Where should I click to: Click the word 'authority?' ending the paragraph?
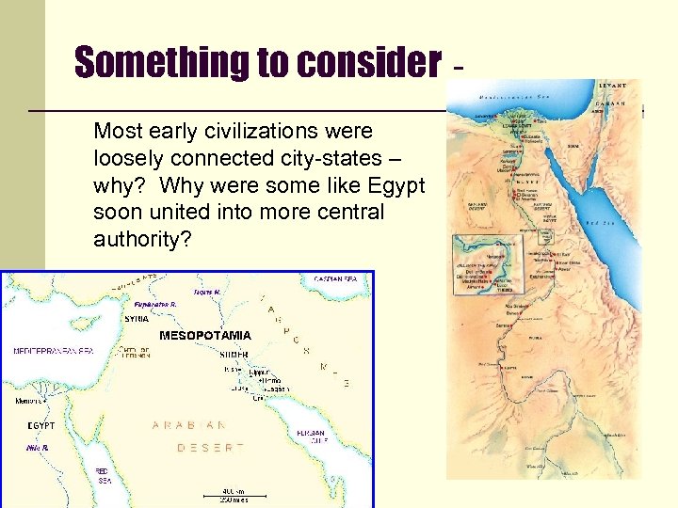142,240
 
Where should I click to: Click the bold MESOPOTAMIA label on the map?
205,335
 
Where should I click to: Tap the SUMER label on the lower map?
234,355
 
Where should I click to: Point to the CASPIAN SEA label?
335,279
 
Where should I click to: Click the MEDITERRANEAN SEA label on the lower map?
54,351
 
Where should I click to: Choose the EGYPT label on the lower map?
40,425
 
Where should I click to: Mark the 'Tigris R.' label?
208,293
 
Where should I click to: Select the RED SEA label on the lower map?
104,475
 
